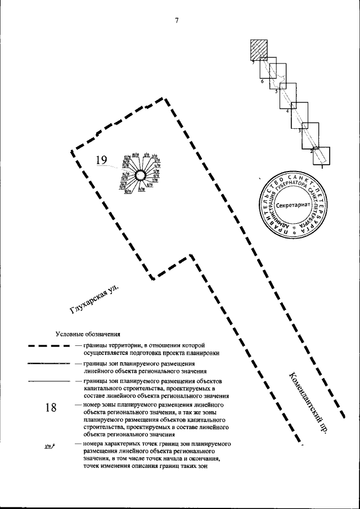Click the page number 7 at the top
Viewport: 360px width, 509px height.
(x=177, y=21)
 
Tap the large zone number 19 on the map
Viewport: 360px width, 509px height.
(x=101, y=161)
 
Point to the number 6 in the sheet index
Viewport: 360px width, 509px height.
(x=262, y=82)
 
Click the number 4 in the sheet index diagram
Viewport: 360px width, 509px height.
(x=287, y=111)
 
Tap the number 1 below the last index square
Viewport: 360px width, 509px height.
(x=321, y=166)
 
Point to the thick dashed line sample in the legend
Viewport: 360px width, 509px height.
(x=48, y=347)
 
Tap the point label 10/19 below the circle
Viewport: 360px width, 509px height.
(x=128, y=192)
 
